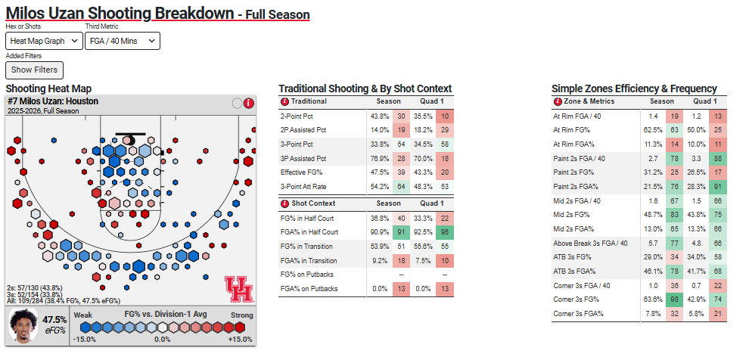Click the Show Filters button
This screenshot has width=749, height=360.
point(34,70)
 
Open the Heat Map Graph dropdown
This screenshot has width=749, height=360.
point(44,41)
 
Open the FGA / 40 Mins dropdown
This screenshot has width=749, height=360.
point(123,41)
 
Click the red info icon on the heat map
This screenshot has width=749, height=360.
point(249,104)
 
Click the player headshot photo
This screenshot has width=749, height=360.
point(23,325)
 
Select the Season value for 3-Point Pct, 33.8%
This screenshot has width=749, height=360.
point(379,144)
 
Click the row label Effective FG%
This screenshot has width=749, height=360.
point(303,172)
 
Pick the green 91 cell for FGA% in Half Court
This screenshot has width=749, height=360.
point(401,232)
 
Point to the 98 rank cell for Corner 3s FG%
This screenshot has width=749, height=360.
point(673,299)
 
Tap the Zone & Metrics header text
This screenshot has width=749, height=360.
point(589,101)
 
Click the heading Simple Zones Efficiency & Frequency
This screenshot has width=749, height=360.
point(634,88)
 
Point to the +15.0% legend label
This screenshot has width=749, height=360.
point(241,339)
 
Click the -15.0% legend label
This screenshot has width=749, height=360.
point(85,339)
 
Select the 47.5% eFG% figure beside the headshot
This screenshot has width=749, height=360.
point(55,320)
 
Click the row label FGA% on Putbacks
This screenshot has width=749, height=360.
point(310,289)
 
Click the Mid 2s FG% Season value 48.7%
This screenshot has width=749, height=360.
point(651,215)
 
